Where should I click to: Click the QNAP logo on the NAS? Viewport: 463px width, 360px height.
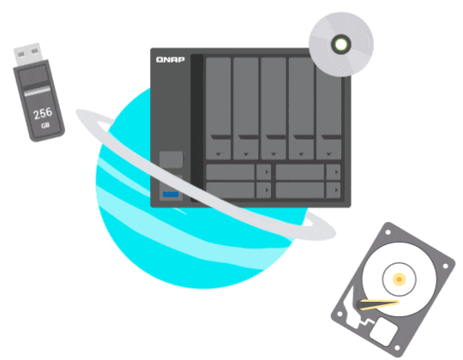(x=171, y=60)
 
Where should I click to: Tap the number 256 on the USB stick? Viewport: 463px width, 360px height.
(x=43, y=113)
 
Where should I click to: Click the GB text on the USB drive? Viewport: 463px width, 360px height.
(x=45, y=125)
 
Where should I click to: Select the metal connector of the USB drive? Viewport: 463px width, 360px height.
(x=27, y=54)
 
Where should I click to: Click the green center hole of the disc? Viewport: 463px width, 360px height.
(x=341, y=45)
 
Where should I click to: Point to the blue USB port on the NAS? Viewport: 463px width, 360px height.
(x=171, y=195)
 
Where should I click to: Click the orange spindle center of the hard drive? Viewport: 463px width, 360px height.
(x=399, y=279)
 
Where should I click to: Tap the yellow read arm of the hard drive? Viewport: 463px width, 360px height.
(x=378, y=304)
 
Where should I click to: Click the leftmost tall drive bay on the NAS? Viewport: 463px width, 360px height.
(x=219, y=108)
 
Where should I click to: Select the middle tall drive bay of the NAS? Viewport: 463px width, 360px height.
(x=274, y=108)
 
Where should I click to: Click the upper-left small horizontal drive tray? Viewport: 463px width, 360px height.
(x=238, y=172)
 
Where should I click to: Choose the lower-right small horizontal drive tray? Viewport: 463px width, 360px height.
(x=308, y=190)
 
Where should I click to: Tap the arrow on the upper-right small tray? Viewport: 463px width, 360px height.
(x=336, y=172)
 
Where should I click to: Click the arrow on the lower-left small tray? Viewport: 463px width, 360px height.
(x=267, y=190)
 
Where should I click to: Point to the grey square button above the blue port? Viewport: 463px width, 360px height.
(x=171, y=159)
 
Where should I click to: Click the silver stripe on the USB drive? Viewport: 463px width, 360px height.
(x=37, y=92)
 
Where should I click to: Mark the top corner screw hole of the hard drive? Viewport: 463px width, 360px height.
(x=388, y=232)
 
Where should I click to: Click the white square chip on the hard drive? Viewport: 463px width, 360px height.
(x=383, y=331)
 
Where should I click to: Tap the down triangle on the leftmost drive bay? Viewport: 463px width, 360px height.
(x=219, y=154)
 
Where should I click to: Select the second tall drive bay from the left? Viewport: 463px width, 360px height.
(x=246, y=108)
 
